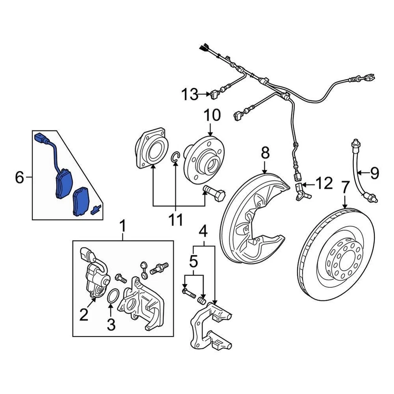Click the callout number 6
tap(19, 178)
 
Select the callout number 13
tap(190, 95)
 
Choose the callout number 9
tap(374, 173)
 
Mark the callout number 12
tap(324, 184)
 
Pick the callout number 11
tap(176, 220)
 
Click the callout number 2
tap(84, 315)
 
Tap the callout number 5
tap(193, 261)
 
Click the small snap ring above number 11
tap(175, 156)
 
